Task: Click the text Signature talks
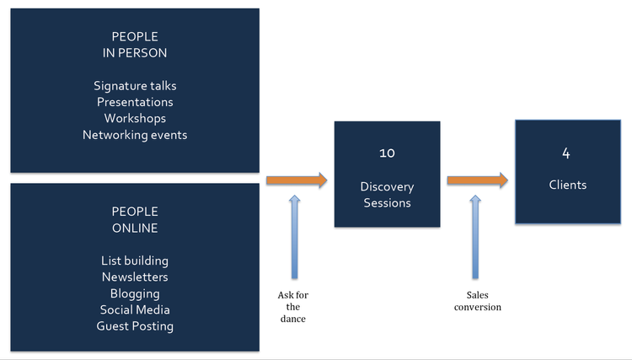tap(135, 86)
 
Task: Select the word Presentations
tap(135, 102)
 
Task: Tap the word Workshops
tap(135, 119)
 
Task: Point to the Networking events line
tap(135, 135)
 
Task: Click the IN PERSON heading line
tap(135, 53)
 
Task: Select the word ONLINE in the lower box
tap(135, 228)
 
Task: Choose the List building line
tap(135, 261)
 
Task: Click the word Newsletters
tap(135, 277)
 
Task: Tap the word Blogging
tap(135, 294)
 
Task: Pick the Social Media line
tap(135, 309)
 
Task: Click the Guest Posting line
tap(135, 326)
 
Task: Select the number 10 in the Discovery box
tap(387, 153)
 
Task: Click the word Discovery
tap(387, 186)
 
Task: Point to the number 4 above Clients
tap(566, 153)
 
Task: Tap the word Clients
tap(568, 185)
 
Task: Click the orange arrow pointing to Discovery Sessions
tap(297, 180)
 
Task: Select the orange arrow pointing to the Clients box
tap(478, 180)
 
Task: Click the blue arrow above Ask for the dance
tap(295, 237)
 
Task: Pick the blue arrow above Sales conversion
tap(475, 237)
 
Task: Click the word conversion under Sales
tap(478, 307)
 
